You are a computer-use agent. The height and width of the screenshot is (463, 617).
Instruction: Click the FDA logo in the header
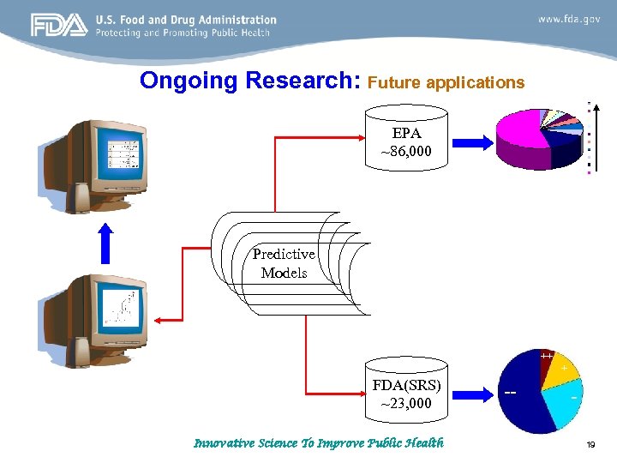click(59, 26)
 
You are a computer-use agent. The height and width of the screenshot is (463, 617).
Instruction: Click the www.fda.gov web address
click(568, 19)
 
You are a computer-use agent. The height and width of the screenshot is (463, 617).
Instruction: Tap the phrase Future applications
click(445, 82)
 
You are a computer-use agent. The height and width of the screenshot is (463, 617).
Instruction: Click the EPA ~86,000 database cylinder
click(406, 141)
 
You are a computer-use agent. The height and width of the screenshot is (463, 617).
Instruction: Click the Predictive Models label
click(284, 264)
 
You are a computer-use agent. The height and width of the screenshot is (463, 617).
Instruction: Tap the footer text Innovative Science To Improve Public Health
click(319, 443)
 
